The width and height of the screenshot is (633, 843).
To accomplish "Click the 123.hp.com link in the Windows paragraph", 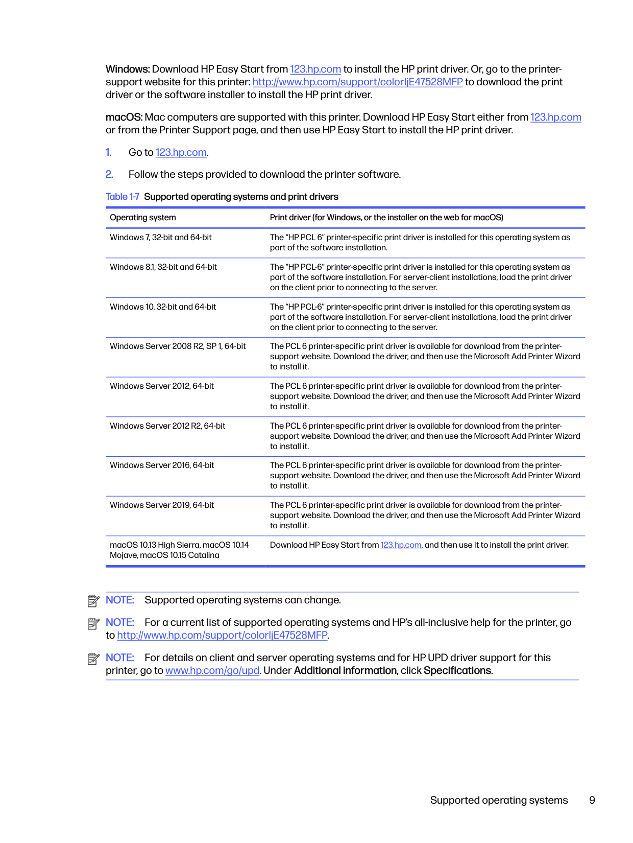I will [315, 69].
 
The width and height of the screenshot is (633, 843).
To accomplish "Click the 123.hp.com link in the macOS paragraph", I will [555, 118].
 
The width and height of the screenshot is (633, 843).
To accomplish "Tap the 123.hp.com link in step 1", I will [181, 153].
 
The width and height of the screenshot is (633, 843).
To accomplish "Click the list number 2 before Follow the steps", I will [109, 175].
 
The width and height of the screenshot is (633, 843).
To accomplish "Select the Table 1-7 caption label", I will [123, 197].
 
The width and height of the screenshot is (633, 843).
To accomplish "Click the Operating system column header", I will [143, 218].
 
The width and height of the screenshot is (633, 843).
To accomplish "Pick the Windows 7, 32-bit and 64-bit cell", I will [161, 238].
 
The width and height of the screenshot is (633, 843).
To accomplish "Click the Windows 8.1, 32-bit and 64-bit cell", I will [163, 267].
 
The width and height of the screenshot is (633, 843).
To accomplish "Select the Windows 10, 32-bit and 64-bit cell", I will [163, 307].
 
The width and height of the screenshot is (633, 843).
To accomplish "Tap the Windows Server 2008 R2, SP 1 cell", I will [178, 346].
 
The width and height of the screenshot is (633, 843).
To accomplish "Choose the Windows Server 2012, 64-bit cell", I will [162, 386].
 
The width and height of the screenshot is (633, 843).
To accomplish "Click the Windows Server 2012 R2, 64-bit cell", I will [167, 426].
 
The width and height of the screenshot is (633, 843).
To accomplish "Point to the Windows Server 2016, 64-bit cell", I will [162, 465].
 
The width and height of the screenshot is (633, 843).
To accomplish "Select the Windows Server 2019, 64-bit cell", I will [162, 505].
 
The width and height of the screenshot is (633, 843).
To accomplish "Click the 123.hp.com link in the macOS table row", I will [401, 545].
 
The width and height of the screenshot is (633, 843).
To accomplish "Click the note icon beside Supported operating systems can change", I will [93, 601].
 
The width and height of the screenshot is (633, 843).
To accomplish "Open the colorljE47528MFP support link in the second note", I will [222, 636].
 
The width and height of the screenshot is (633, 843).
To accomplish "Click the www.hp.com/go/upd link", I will [212, 671].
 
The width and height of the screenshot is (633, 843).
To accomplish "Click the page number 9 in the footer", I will [592, 801].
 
